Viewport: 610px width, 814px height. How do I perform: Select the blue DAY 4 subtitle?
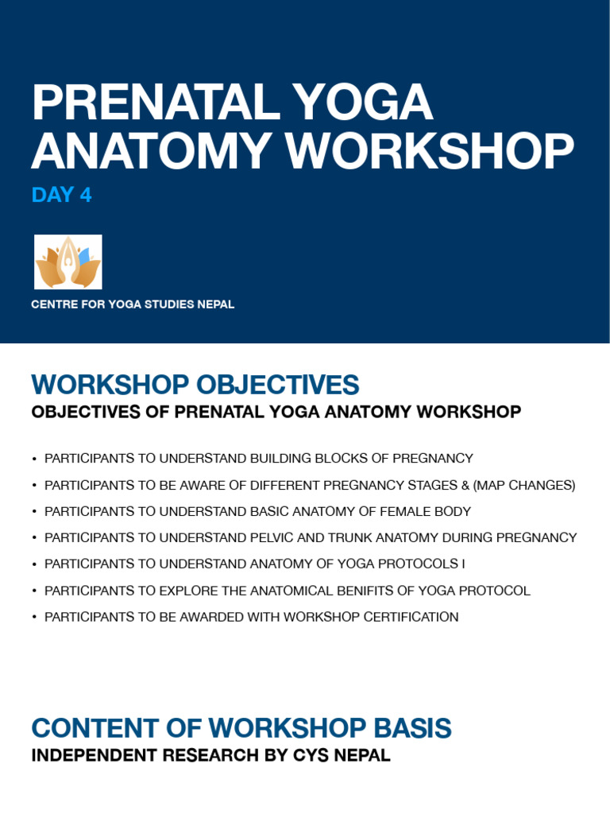[61, 195]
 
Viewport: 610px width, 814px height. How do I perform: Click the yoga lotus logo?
[68, 262]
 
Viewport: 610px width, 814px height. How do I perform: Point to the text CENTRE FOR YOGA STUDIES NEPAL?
[133, 304]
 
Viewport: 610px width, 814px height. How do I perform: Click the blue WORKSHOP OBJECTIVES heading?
[195, 386]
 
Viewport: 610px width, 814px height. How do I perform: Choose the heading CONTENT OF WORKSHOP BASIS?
[241, 728]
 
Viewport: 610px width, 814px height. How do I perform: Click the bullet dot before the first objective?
[35, 459]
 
